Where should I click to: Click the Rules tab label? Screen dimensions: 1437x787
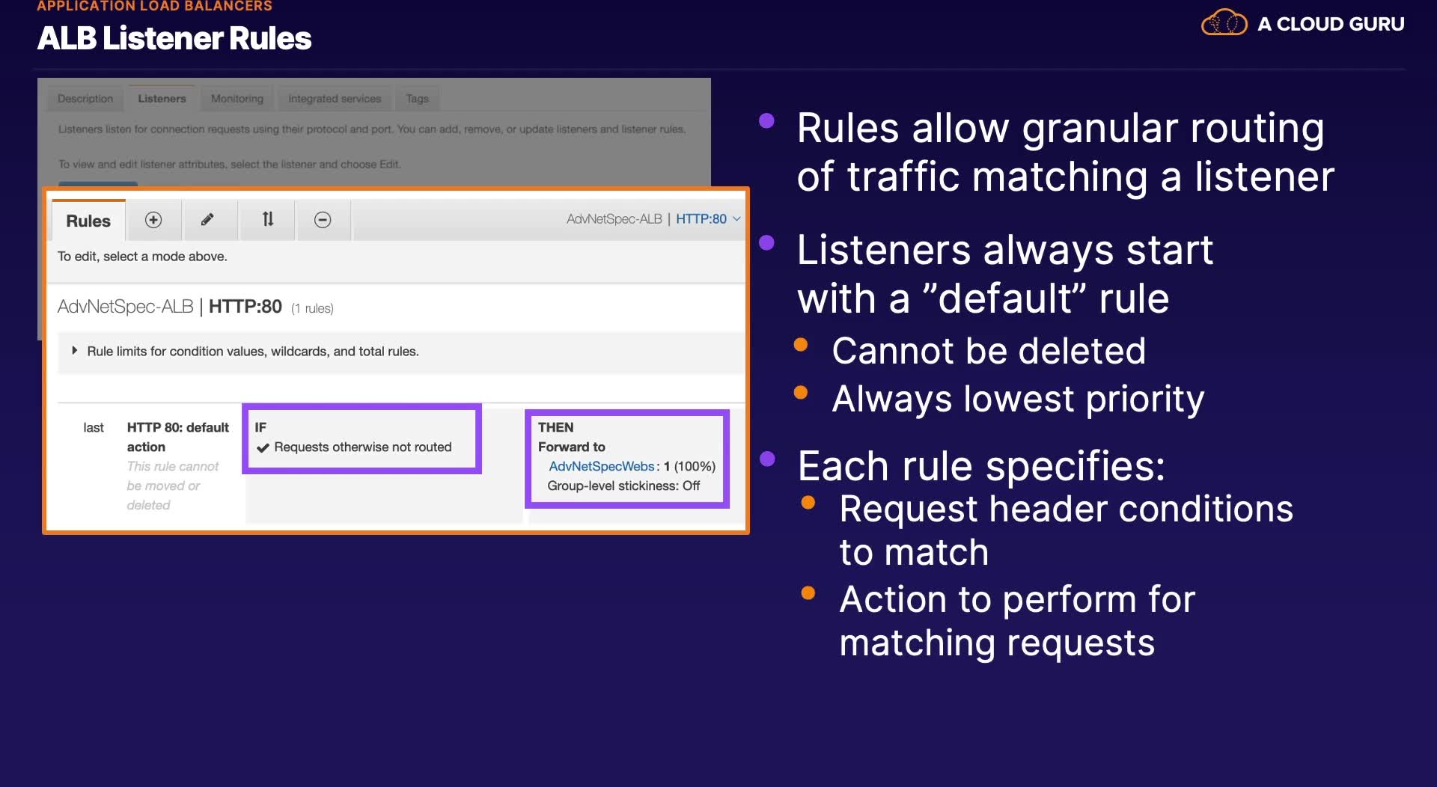point(88,221)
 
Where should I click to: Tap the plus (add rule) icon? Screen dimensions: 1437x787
point(153,219)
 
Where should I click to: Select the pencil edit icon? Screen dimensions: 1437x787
point(207,219)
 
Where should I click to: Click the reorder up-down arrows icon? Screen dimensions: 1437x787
point(268,219)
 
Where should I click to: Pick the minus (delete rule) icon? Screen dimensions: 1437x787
point(323,219)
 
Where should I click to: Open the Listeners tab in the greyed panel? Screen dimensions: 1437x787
point(162,98)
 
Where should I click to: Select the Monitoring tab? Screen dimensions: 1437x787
point(237,98)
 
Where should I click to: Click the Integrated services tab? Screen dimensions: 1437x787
point(335,98)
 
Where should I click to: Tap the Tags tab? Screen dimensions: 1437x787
point(418,98)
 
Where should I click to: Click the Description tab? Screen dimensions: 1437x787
point(85,98)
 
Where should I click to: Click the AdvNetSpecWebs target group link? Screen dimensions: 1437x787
point(602,466)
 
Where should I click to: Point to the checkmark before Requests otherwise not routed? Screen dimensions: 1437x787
point(263,447)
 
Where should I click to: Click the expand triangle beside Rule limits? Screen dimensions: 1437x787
point(74,350)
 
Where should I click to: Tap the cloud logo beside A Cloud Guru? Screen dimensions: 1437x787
point(1224,22)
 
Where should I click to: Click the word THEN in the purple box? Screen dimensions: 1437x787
point(556,427)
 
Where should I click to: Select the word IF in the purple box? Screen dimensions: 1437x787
point(260,427)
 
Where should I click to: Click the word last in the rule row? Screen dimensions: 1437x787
point(94,427)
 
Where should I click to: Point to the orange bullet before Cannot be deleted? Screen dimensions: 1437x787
point(801,344)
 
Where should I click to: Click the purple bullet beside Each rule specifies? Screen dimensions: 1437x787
point(767,459)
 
